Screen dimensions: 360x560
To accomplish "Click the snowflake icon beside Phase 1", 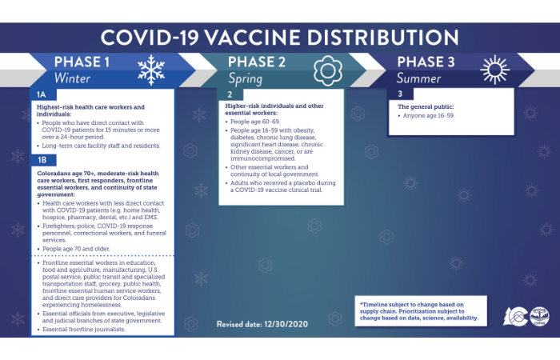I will coord(150,70).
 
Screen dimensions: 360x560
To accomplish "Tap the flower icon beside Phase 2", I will coord(327,70).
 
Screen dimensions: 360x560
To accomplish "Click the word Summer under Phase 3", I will coord(425,79).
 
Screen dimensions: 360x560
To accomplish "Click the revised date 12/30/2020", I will coord(285,324).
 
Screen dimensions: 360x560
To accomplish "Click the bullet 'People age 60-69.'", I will coord(255,121).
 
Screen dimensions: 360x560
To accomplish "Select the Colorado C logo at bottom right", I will coord(514,316).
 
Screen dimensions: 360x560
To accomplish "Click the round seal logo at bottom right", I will coord(538,316).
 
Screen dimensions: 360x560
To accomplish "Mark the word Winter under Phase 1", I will coord(72,79).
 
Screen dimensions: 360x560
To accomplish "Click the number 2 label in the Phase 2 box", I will coord(230,95).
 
